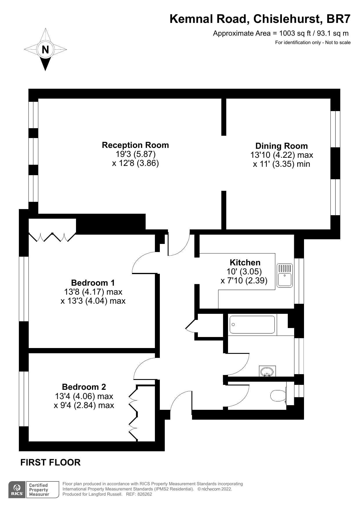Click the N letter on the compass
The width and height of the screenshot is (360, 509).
pyautogui.click(x=45, y=50)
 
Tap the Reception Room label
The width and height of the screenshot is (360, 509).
pyautogui.click(x=135, y=145)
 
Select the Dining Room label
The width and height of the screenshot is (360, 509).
pyautogui.click(x=281, y=146)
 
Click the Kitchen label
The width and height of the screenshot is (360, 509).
pyautogui.click(x=245, y=262)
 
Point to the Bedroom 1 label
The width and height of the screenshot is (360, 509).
pyautogui.click(x=93, y=282)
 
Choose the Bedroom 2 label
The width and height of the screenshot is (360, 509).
pyautogui.click(x=84, y=387)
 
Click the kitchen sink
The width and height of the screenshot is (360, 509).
pyautogui.click(x=285, y=276)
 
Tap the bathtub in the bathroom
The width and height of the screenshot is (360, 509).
pyautogui.click(x=252, y=325)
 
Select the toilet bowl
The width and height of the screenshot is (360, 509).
pyautogui.click(x=278, y=395)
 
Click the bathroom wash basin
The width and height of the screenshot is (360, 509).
pyautogui.click(x=267, y=372)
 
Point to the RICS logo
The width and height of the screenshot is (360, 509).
pyautogui.click(x=17, y=490)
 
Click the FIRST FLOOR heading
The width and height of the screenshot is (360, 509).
pyautogui.click(x=50, y=462)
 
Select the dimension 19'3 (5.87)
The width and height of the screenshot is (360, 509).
pyautogui.click(x=135, y=154)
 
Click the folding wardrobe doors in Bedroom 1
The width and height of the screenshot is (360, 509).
pyautogui.click(x=52, y=237)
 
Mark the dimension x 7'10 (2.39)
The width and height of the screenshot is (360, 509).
pyautogui.click(x=244, y=281)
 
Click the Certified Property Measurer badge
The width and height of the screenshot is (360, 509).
pyautogui.click(x=39, y=490)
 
